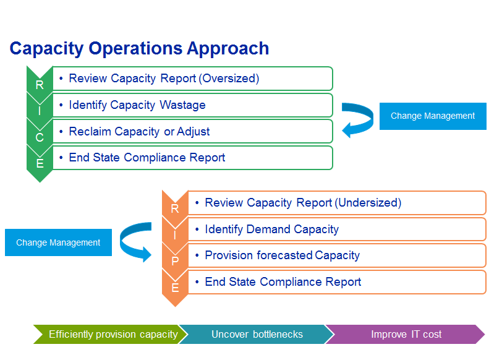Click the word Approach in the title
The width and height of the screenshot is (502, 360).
tap(228, 49)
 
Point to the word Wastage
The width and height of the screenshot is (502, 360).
tap(182, 105)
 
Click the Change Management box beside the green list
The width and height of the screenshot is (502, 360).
tap(433, 116)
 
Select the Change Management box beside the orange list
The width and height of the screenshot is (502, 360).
tap(58, 242)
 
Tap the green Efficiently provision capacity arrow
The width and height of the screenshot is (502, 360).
tap(111, 335)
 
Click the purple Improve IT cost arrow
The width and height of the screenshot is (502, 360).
tap(406, 335)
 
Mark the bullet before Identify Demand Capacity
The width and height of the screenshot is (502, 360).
tap(197, 229)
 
